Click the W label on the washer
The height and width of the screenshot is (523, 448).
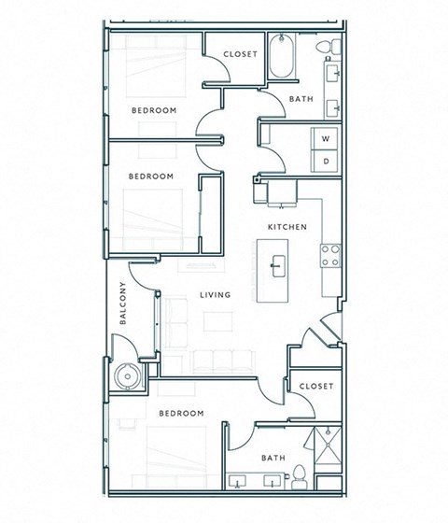[x=326, y=138]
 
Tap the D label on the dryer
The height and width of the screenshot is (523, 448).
[x=326, y=161]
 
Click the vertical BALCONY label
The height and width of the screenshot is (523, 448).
[x=123, y=304]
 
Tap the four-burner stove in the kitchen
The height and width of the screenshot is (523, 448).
[x=330, y=256]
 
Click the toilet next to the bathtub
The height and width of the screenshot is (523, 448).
[x=323, y=47]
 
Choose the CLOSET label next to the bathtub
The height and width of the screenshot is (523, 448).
[x=240, y=54]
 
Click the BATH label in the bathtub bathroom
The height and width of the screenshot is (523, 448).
[x=301, y=99]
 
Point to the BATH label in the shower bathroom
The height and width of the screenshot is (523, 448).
[x=273, y=458]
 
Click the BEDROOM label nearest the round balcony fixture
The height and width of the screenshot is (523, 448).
[x=180, y=413]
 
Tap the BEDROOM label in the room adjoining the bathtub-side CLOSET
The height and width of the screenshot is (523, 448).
[x=154, y=110]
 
